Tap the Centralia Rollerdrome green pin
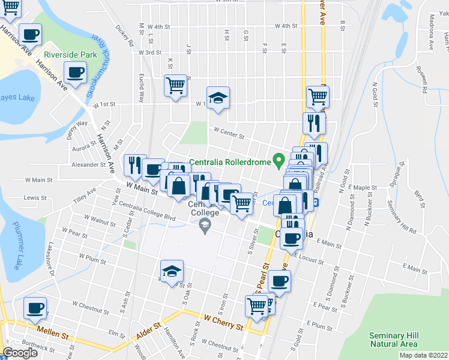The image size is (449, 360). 278,160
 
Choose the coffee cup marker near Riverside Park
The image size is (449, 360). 75,73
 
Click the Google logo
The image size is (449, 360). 20,353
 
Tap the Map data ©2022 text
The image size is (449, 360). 423,355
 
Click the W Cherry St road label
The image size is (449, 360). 223,323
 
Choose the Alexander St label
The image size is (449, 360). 88,164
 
